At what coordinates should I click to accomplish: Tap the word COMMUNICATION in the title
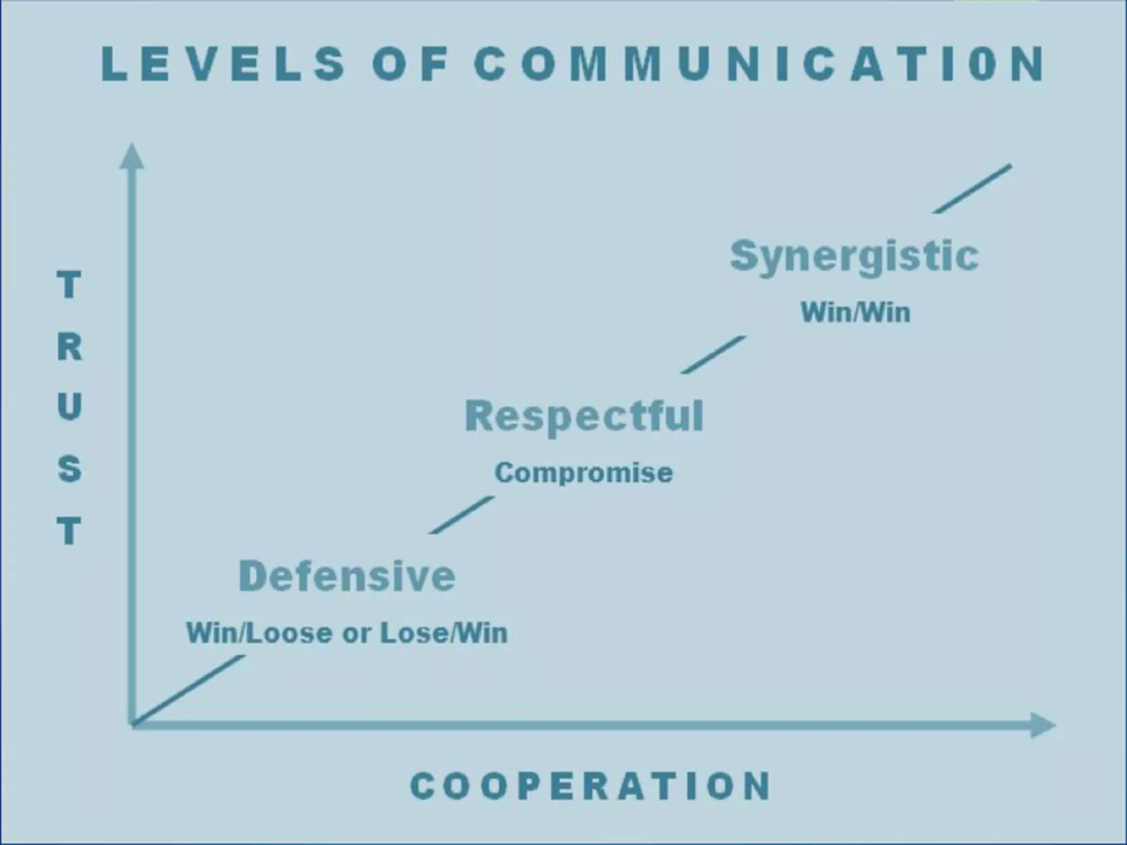pyautogui.click(x=759, y=64)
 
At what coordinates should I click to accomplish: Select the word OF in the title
pyautogui.click(x=411, y=64)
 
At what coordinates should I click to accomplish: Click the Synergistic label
pyautogui.click(x=854, y=256)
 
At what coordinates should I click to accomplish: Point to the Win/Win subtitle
pyautogui.click(x=856, y=312)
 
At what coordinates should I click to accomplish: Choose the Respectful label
pyautogui.click(x=584, y=416)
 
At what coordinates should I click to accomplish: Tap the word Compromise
pyautogui.click(x=584, y=473)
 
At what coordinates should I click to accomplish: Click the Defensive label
pyautogui.click(x=347, y=576)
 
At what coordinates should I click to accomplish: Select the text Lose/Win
pyautogui.click(x=444, y=633)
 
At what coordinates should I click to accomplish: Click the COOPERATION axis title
pyautogui.click(x=591, y=786)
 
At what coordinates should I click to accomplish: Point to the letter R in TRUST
pyautogui.click(x=69, y=347)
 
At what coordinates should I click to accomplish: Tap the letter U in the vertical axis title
pyautogui.click(x=69, y=407)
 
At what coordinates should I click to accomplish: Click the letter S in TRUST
pyautogui.click(x=69, y=469)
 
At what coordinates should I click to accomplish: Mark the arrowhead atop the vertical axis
pyautogui.click(x=132, y=156)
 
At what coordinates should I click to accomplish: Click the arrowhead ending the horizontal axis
pyautogui.click(x=1042, y=725)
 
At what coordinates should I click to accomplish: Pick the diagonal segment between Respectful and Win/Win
pyautogui.click(x=714, y=355)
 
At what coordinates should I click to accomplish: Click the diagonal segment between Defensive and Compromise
pyautogui.click(x=461, y=515)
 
